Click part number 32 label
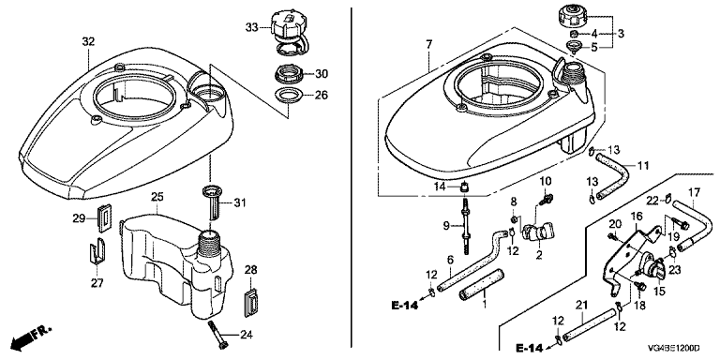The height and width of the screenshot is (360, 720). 88,42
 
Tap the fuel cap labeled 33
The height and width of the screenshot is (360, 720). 291,30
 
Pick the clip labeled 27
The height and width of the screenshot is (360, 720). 97,252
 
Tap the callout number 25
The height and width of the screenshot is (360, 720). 157,198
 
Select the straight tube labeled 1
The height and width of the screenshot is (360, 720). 481,285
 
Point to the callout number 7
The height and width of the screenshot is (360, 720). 428,45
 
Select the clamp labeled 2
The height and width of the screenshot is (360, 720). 538,232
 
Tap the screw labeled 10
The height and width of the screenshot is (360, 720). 547,199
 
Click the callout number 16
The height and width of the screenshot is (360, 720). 636,216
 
